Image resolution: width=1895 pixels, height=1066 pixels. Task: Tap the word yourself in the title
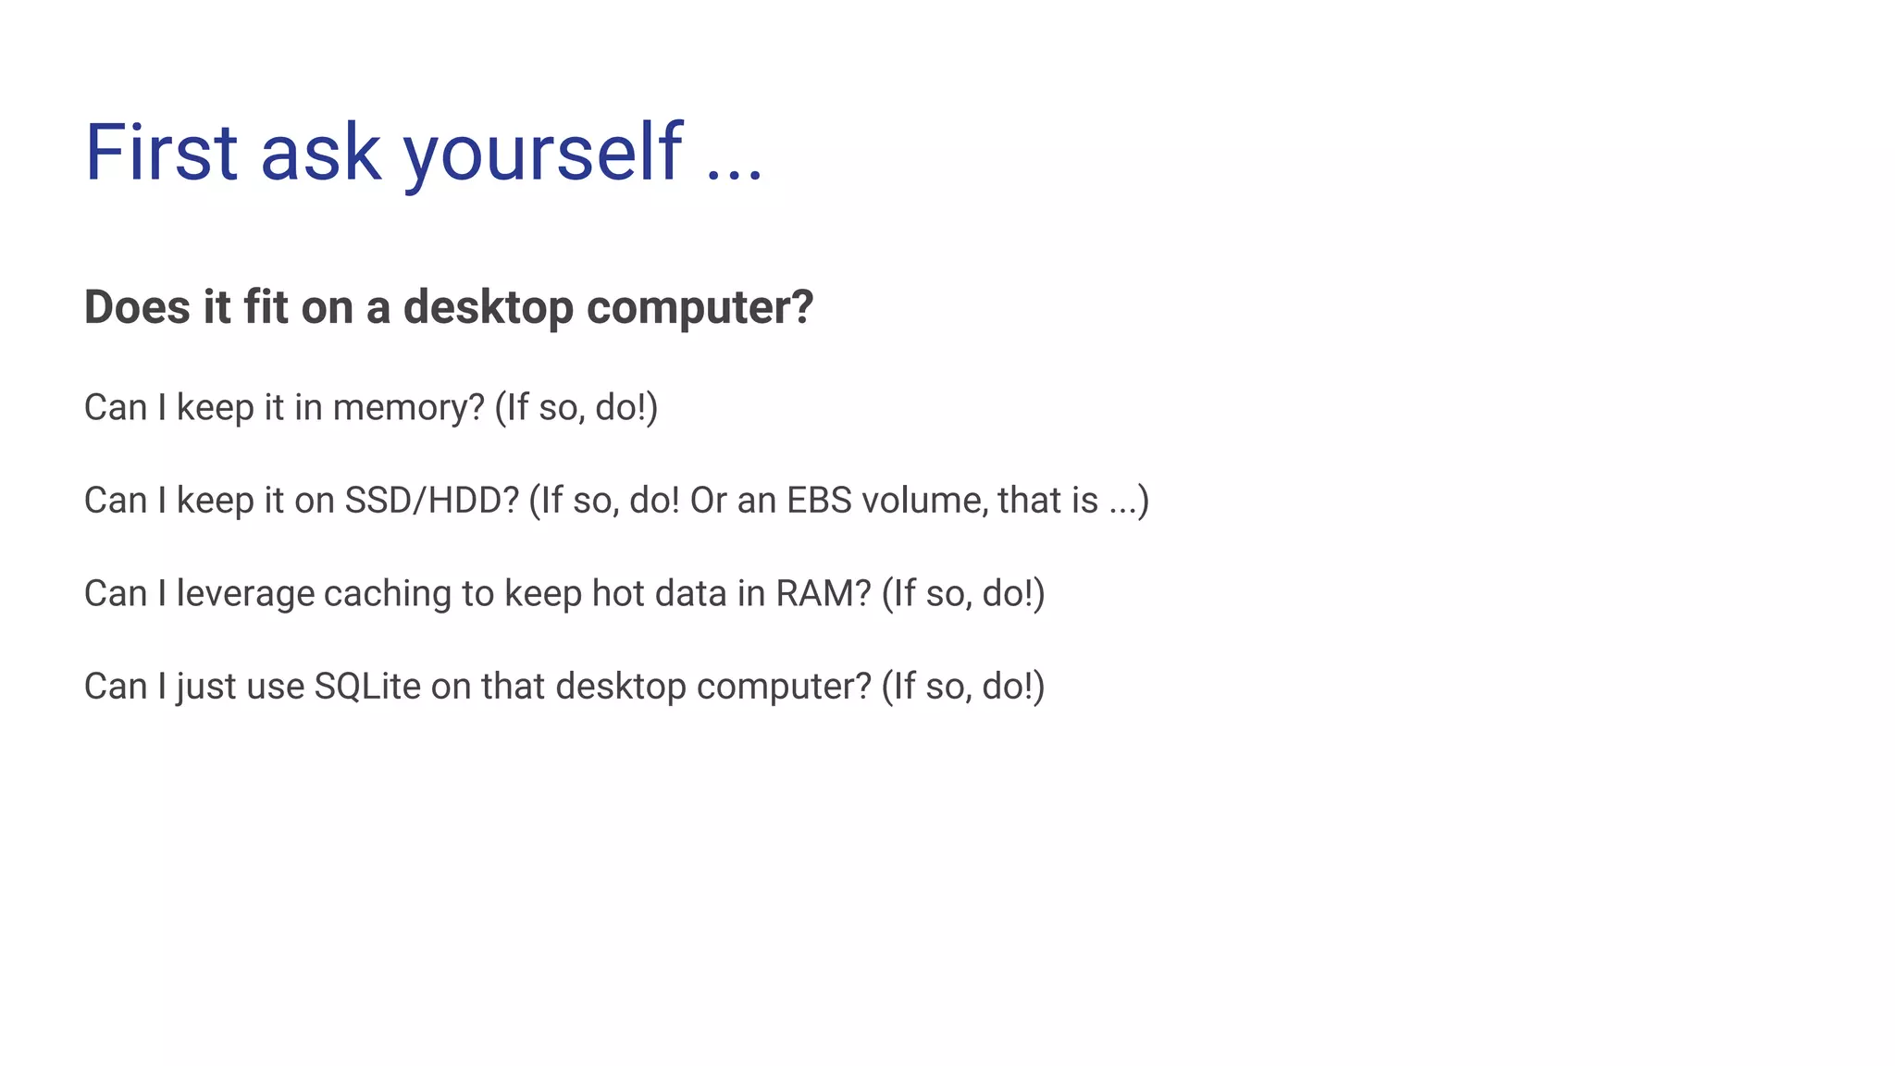tap(542, 153)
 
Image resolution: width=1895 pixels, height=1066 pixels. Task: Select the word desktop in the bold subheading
tap(489, 307)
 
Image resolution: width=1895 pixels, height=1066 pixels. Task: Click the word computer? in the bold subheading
tap(700, 307)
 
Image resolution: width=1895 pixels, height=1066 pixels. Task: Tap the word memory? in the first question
tap(408, 408)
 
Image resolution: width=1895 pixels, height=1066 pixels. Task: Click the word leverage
tap(245, 594)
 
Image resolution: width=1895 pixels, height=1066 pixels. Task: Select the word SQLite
tap(367, 687)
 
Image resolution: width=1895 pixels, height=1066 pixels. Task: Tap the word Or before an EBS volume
tap(709, 501)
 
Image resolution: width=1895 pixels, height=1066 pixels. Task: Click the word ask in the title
tap(321, 153)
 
